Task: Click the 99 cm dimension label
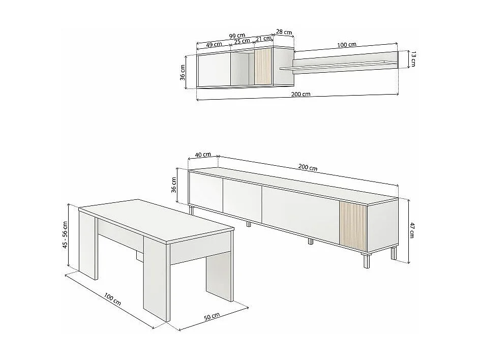(x=237, y=36)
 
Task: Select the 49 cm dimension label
(x=214, y=44)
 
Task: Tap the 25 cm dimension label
(x=242, y=41)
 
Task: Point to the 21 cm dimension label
(x=263, y=39)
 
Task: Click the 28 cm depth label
(x=284, y=33)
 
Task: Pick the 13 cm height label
(x=413, y=59)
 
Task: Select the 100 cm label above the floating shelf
(x=346, y=45)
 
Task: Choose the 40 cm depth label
(x=203, y=155)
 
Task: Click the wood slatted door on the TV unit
(x=352, y=226)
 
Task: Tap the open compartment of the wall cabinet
(x=242, y=69)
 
